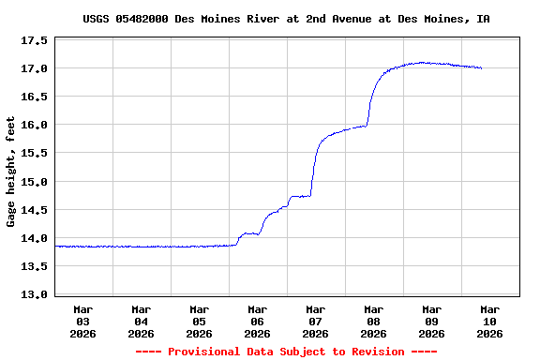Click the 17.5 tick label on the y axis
[x=35, y=40]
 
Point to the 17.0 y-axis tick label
[x=35, y=68]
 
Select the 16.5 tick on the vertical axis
[x=35, y=97]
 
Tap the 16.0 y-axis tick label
[x=35, y=125]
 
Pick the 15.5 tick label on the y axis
[x=35, y=153]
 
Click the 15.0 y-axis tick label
[x=35, y=181]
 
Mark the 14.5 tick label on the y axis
[x=35, y=209]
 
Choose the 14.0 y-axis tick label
[x=35, y=238]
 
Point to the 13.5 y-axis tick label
[x=35, y=266]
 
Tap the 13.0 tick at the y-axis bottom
[x=35, y=294]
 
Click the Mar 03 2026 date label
[x=83, y=321]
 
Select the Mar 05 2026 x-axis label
[x=200, y=321]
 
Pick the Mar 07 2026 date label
[x=316, y=321]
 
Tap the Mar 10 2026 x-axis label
[x=489, y=321]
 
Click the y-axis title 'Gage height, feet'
[x=11, y=172]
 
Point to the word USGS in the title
[x=97, y=19]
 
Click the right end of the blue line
[x=482, y=68]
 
